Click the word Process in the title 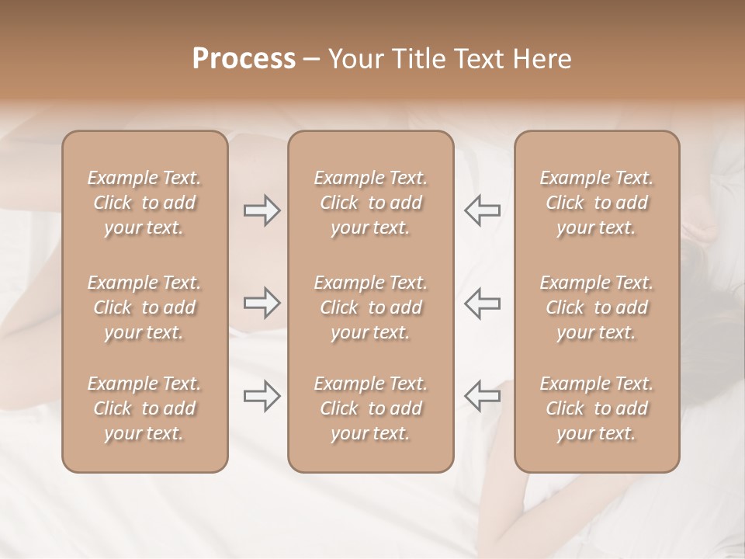pos(244,59)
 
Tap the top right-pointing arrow pos(262,210)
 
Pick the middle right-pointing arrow pos(262,303)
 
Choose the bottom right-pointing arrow pos(262,396)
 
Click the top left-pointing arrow pos(482,210)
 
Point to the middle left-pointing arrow pos(482,303)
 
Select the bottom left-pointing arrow pos(482,396)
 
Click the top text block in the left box pos(144,203)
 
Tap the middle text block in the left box pos(144,307)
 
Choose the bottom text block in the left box pos(144,408)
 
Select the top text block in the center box pos(370,203)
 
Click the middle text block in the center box pos(370,307)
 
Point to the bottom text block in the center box pos(370,408)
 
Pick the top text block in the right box pos(596,203)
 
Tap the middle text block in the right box pos(596,307)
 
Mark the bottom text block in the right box pos(596,408)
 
